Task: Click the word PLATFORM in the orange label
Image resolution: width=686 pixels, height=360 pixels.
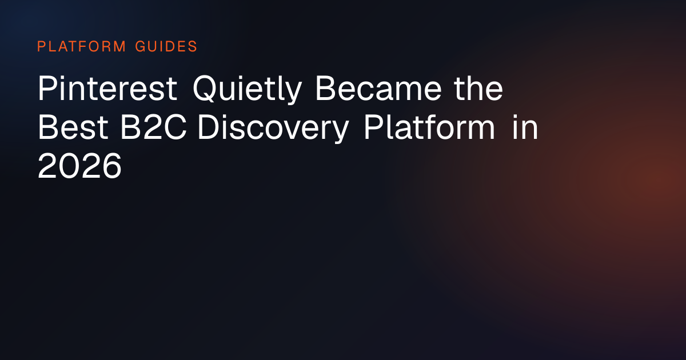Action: (x=81, y=46)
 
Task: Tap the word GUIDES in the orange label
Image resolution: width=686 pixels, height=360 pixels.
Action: (x=166, y=46)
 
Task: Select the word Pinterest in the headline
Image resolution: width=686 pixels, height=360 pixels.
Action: (x=107, y=88)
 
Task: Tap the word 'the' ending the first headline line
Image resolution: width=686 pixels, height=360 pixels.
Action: (x=478, y=88)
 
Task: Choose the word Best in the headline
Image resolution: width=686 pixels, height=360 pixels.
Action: (x=73, y=127)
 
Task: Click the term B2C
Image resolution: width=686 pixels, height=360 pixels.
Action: (x=153, y=127)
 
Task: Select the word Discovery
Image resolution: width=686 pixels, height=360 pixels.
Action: (x=273, y=129)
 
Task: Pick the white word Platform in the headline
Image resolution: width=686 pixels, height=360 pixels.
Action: (x=429, y=127)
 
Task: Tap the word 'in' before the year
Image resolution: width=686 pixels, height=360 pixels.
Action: (x=525, y=127)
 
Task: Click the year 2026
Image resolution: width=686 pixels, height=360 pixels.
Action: (x=79, y=166)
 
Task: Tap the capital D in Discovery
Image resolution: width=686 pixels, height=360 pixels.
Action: (x=210, y=127)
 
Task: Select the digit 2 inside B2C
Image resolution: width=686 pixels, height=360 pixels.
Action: (x=153, y=127)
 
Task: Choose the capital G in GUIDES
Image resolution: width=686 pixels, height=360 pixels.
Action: (x=140, y=46)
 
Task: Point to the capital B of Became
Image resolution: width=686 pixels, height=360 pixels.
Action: (x=326, y=88)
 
